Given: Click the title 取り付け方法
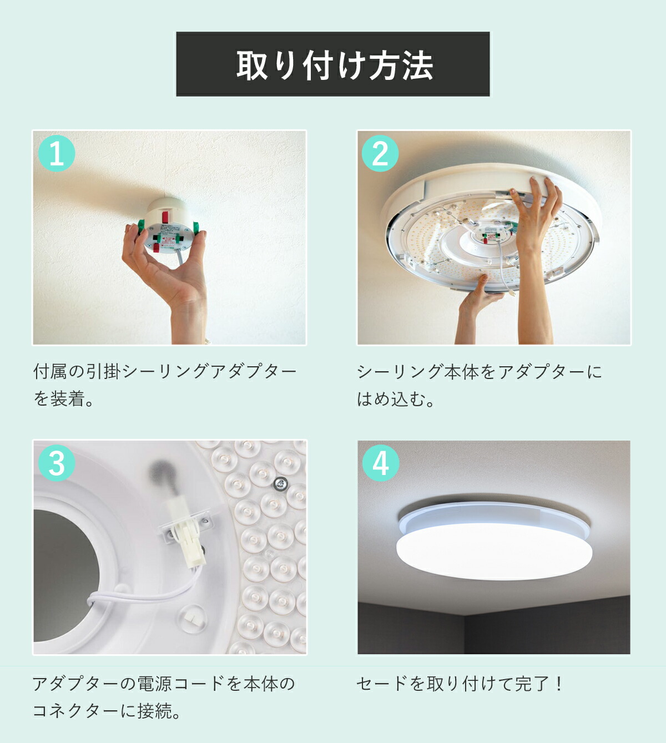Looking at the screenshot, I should [334, 65].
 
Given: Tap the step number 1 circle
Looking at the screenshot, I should [56, 153].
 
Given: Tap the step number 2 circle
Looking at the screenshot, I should [380, 153].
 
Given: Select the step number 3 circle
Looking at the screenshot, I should [56, 463].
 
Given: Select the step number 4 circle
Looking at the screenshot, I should [380, 463].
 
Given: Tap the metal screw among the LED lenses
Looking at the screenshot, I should [279, 484].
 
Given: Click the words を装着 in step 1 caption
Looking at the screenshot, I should [59, 399].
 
